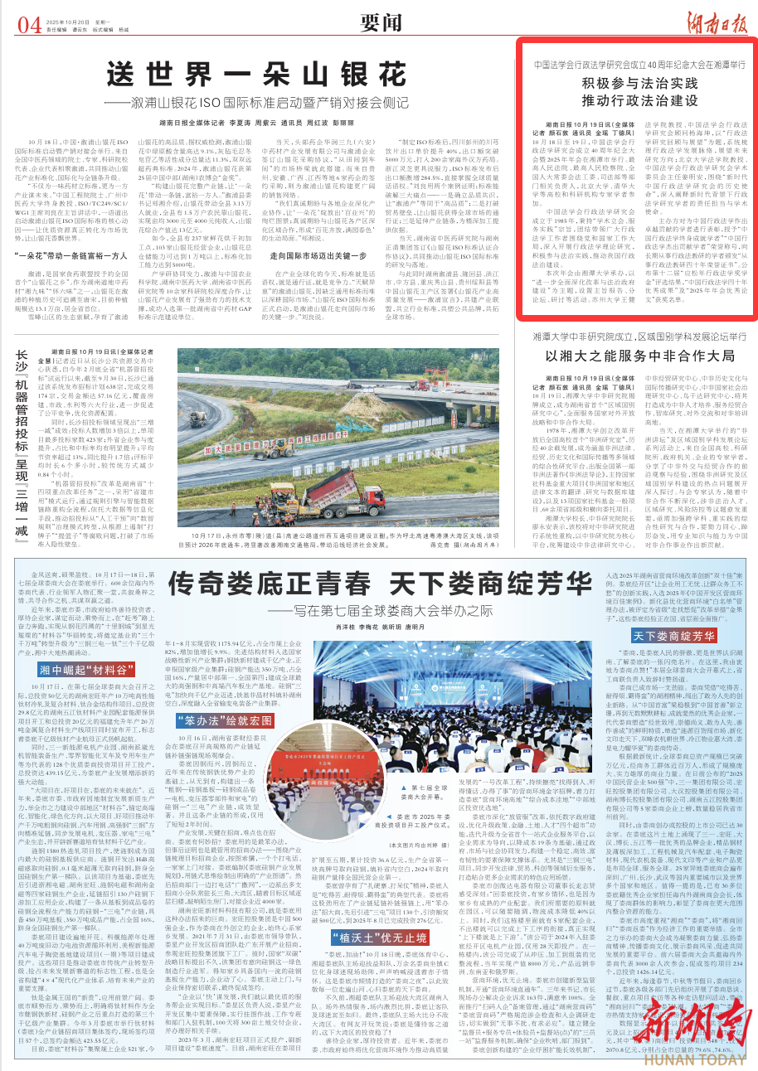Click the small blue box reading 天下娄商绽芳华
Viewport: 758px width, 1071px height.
click(674, 614)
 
